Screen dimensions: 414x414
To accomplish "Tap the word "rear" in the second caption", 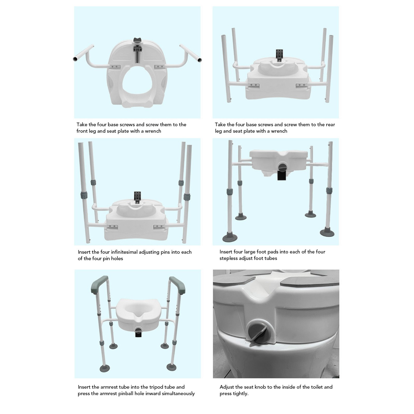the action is point(330,125).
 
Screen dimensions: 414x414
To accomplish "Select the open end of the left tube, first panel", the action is point(75,59).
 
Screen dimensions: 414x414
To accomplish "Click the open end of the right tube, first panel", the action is point(199,60).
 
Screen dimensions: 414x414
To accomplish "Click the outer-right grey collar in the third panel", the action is point(187,197).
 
